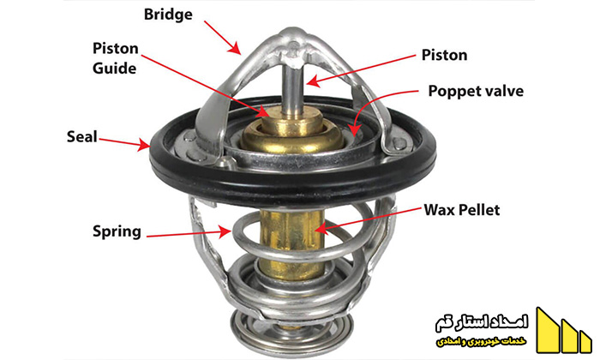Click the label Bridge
tap(168, 15)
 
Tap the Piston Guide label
tap(115, 58)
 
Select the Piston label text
tap(444, 55)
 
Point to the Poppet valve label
tap(476, 92)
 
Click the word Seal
tap(82, 136)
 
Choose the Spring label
tap(117, 231)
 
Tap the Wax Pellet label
tap(461, 210)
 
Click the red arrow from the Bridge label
tap(222, 38)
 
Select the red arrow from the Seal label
tap(125, 142)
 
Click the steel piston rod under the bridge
tap(293, 89)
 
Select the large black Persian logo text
tap(482, 323)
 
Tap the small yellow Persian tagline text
tap(482, 341)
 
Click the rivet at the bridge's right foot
tap(399, 143)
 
